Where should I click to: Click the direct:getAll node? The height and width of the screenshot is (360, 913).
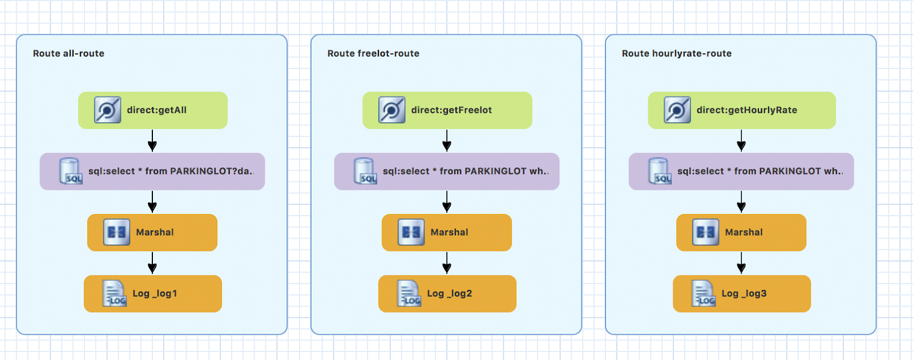pyautogui.click(x=153, y=110)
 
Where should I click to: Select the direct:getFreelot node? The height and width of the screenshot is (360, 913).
pyautogui.click(x=447, y=110)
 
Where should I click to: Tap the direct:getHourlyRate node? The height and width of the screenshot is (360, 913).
pyautogui.click(x=742, y=110)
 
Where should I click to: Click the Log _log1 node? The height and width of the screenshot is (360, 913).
pyautogui.click(x=153, y=294)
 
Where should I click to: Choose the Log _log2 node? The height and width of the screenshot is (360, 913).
pyautogui.click(x=447, y=294)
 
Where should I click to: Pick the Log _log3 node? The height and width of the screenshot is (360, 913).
pyautogui.click(x=742, y=294)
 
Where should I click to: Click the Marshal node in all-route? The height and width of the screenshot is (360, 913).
pyautogui.click(x=152, y=232)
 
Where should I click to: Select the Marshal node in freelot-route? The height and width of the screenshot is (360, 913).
pyautogui.click(x=447, y=232)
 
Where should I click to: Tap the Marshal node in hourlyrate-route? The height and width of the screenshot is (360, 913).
pyautogui.click(x=741, y=232)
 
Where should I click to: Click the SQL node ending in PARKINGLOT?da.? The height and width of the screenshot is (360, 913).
pyautogui.click(x=152, y=171)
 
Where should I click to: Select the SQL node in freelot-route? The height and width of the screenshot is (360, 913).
pyautogui.click(x=447, y=171)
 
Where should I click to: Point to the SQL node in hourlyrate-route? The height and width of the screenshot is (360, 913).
pyautogui.click(x=741, y=171)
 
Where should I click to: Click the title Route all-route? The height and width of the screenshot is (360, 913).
pyautogui.click(x=68, y=54)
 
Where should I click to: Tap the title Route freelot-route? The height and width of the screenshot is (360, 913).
pyautogui.click(x=373, y=54)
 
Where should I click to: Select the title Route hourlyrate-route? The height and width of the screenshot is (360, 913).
pyautogui.click(x=677, y=54)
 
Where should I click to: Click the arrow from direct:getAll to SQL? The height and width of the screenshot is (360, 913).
pyautogui.click(x=152, y=141)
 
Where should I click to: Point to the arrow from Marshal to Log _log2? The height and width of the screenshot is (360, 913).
pyautogui.click(x=447, y=262)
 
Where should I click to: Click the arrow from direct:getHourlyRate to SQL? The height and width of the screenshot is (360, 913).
pyautogui.click(x=741, y=141)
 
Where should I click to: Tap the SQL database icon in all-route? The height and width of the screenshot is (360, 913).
pyautogui.click(x=71, y=171)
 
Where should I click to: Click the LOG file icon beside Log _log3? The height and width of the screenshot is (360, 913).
pyautogui.click(x=704, y=293)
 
